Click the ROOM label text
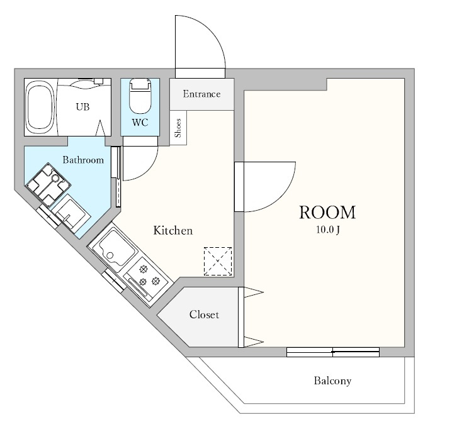click(x=327, y=213)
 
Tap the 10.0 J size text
click(x=328, y=230)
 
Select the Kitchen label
click(x=173, y=230)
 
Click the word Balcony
click(x=332, y=381)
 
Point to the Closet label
click(x=204, y=314)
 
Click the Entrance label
click(x=202, y=94)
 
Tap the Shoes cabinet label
click(x=178, y=128)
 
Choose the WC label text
click(x=140, y=123)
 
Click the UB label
click(x=82, y=107)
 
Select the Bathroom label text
click(x=83, y=160)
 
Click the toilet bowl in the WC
click(x=140, y=96)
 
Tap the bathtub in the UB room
click(x=40, y=107)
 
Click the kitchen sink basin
click(x=116, y=248)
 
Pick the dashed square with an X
click(x=218, y=261)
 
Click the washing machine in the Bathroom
click(x=48, y=184)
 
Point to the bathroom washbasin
click(x=72, y=214)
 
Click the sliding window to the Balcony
click(x=333, y=352)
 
